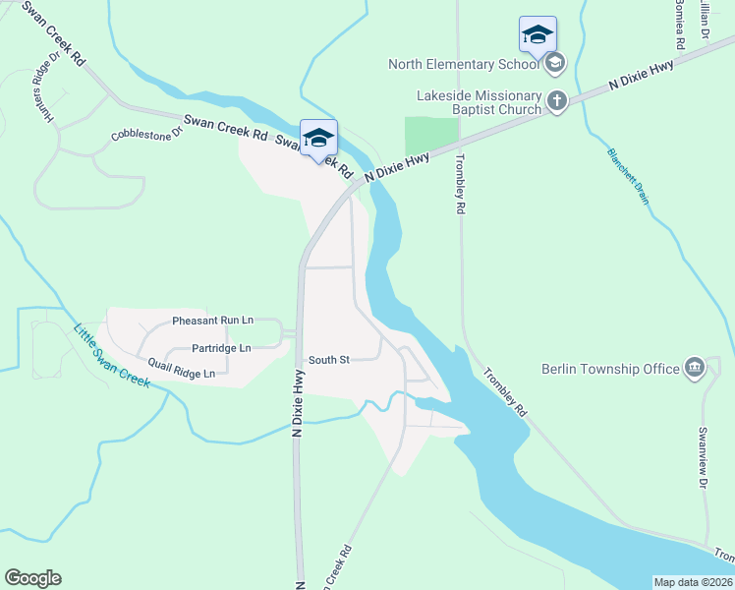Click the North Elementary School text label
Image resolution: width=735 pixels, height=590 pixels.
464,65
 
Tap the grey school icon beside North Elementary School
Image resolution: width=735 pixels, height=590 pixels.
555,64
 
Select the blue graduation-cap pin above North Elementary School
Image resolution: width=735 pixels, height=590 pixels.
537,35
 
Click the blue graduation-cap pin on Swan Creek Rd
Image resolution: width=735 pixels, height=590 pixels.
318,139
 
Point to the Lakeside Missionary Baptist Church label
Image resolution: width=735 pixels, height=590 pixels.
480,102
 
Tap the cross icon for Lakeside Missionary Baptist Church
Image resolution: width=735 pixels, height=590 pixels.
557,101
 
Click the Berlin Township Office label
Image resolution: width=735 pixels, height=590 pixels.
610,369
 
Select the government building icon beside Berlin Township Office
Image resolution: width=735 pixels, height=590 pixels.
695,369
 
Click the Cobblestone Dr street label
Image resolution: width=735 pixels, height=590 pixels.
147,132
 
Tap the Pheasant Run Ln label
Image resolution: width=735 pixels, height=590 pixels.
212,321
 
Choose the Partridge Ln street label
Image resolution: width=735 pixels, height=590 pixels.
221,348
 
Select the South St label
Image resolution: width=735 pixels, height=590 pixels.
329,360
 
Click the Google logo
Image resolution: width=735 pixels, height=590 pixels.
32,578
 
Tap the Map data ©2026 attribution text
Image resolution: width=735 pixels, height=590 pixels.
693,582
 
